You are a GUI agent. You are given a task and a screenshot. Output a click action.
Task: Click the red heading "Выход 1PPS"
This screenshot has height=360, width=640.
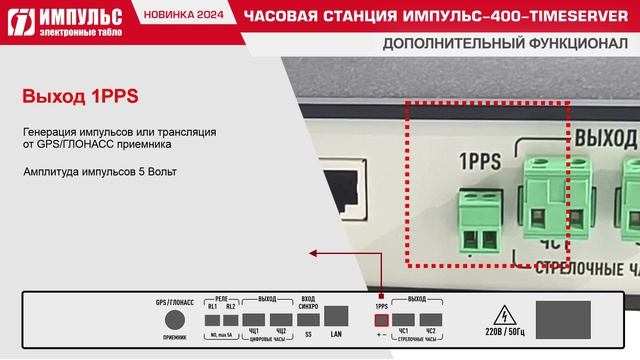point(79,97)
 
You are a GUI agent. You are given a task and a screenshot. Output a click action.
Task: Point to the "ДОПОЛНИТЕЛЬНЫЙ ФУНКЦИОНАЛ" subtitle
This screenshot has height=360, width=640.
point(505,46)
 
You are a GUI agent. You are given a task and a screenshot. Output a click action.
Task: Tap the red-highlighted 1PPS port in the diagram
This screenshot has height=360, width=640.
point(380,321)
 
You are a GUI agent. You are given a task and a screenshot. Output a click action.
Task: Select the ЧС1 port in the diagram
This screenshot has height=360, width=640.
point(404,321)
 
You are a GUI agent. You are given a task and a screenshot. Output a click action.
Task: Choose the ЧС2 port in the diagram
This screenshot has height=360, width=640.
point(431,321)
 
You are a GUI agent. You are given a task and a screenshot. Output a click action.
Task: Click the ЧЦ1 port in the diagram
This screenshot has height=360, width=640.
point(254,321)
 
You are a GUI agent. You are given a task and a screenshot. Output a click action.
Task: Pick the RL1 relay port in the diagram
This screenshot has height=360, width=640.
point(212,321)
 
